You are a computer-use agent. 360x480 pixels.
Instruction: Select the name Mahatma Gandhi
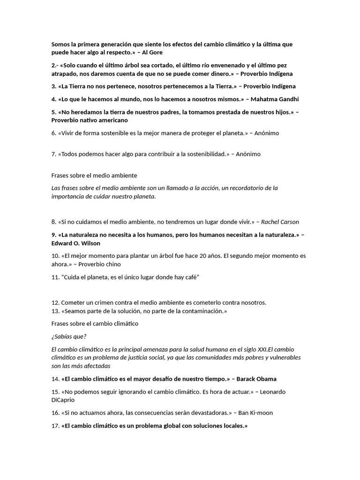coord(275,99)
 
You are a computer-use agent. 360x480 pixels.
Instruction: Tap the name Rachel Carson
coord(280,222)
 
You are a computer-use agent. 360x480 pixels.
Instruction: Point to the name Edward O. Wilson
coord(76,243)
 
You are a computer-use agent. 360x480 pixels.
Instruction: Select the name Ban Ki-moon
coord(255,413)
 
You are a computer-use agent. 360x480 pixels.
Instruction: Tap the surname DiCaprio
coord(63,400)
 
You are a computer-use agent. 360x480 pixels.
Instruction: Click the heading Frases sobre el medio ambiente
coord(94,175)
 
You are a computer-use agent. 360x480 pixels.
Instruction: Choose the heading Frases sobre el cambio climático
coord(95,323)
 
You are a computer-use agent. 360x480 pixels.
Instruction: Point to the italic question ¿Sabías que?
coord(69,336)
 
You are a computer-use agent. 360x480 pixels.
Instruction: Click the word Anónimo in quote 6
coord(267,133)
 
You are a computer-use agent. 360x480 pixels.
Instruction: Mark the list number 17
coord(55,426)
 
